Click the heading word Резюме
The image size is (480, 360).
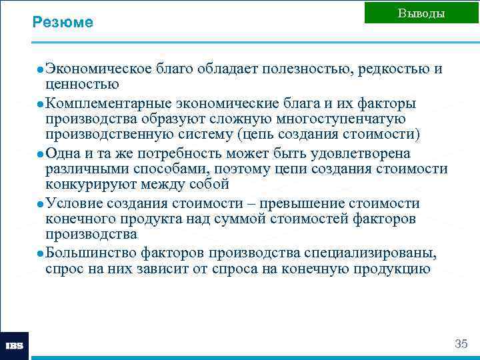coord(63,23)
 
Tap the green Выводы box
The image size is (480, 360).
coord(421,13)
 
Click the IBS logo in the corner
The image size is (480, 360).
coord(14,346)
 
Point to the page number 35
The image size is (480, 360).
coord(461,344)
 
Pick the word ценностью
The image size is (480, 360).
coord(82,85)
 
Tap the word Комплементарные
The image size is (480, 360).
coord(109,103)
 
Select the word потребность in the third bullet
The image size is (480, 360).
coord(186,153)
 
